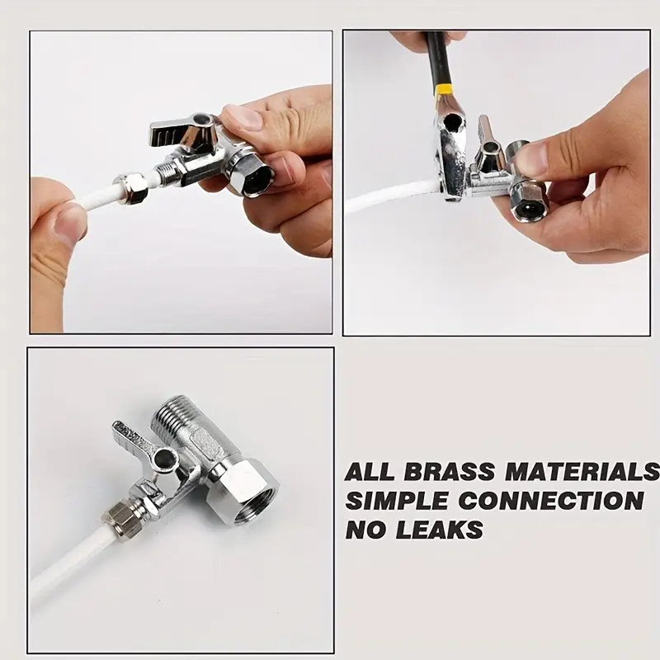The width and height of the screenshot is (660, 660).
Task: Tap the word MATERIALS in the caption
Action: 582,471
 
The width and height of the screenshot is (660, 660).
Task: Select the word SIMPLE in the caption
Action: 397,501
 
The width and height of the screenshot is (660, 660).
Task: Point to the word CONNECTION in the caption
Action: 551,501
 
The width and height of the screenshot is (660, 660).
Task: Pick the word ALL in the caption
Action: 370,472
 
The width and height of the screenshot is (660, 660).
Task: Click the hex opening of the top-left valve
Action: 257,178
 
